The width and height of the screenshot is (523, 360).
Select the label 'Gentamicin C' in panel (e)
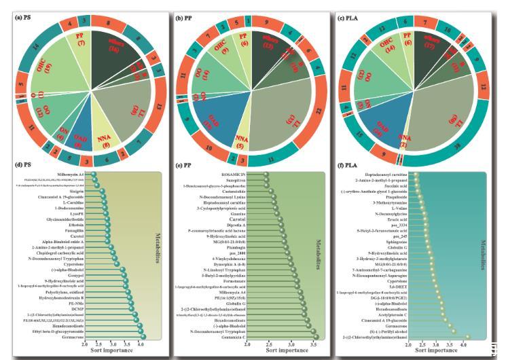(x=226, y=338)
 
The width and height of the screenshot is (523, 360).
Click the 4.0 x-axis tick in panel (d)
(x=141, y=345)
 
